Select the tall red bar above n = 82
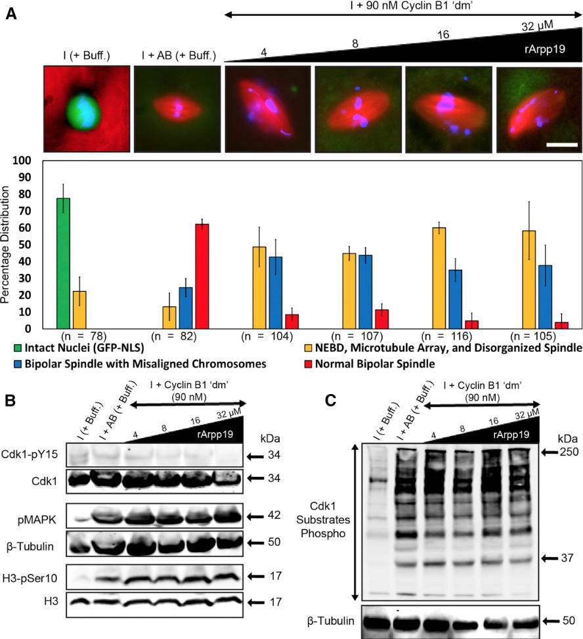[202, 276]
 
